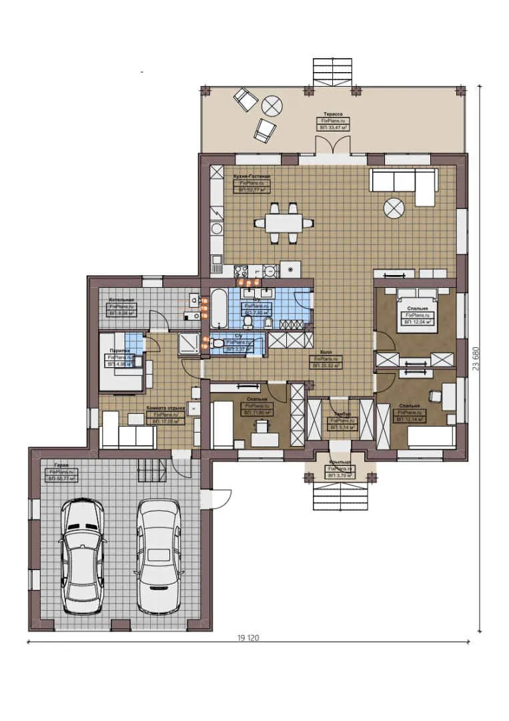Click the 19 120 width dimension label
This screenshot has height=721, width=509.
[x=247, y=638]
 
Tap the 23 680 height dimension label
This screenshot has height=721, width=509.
[x=475, y=358]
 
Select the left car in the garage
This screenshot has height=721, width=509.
[x=82, y=556]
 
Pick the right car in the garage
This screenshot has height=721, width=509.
[x=158, y=555]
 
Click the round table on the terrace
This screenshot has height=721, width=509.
[x=272, y=105]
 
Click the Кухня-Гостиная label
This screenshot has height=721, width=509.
[x=251, y=175]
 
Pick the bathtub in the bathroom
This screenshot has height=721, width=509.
[x=219, y=304]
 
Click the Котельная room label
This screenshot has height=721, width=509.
[x=122, y=300]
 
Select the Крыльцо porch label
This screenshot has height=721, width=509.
[x=340, y=461]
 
